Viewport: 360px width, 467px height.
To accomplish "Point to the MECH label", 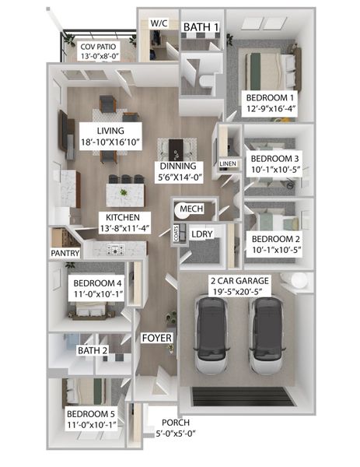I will (190, 210).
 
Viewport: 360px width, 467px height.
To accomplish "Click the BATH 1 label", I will (201, 28).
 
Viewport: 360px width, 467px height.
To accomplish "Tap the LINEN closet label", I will (227, 164).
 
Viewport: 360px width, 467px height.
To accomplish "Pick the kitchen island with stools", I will (124, 191).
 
